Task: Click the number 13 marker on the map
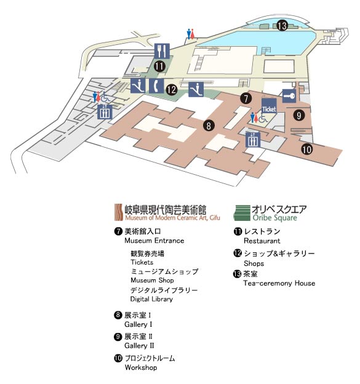pyautogui.click(x=282, y=26)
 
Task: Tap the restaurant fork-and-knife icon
pyautogui.click(x=162, y=51)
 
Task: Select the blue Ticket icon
pyautogui.click(x=269, y=106)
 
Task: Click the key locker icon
pyautogui.click(x=289, y=95)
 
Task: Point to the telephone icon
pyautogui.click(x=156, y=86)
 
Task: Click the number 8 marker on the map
pyautogui.click(x=209, y=126)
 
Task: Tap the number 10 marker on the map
pyautogui.click(x=306, y=149)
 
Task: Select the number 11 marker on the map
pyautogui.click(x=159, y=66)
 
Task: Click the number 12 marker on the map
pyautogui.click(x=172, y=90)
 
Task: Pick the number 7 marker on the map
pyautogui.click(x=246, y=98)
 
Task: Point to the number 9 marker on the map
pyautogui.click(x=299, y=115)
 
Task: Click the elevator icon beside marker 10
pyautogui.click(x=253, y=140)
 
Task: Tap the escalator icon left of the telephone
pyautogui.click(x=138, y=86)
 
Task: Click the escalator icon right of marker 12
pyautogui.click(x=196, y=89)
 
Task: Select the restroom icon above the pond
pyautogui.click(x=191, y=34)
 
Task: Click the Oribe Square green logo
pyautogui.click(x=242, y=213)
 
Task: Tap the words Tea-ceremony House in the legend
pyautogui.click(x=279, y=283)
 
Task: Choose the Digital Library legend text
pyautogui.click(x=151, y=299)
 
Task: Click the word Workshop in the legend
pyautogui.click(x=141, y=367)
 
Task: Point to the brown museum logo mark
pyautogui.click(x=119, y=212)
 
